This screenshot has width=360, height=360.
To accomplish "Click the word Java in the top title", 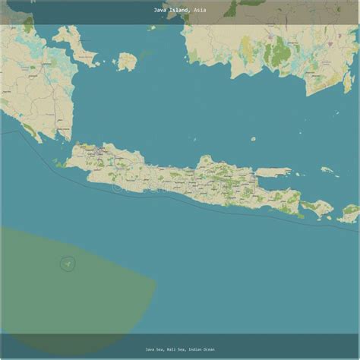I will (159, 11).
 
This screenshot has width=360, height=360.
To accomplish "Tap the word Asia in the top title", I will (199, 11).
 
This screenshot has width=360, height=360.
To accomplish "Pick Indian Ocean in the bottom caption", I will (201, 349).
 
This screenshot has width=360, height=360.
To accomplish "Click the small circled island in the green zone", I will (68, 264).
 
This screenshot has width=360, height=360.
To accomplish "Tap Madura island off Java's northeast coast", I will (273, 172).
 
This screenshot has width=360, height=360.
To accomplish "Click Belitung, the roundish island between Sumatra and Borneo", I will (126, 61).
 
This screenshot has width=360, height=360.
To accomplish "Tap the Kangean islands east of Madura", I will (327, 170).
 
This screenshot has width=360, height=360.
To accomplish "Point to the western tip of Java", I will (67, 163).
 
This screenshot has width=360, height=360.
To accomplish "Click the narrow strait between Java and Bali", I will (302, 204).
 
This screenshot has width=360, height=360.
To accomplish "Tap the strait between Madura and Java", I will (262, 179).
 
